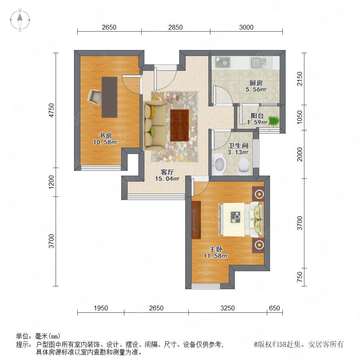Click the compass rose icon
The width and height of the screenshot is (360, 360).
pyautogui.click(x=20, y=20)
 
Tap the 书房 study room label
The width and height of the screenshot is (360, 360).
pyautogui.click(x=105, y=136)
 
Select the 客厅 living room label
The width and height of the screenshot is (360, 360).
pyautogui.click(x=167, y=172)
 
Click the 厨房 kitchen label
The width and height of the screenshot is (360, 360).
pyautogui.click(x=256, y=83)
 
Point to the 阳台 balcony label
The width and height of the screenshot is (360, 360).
pyautogui.click(x=257, y=116)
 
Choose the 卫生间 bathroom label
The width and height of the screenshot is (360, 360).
pyautogui.click(x=238, y=146)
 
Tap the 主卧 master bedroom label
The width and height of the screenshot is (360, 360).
pyautogui.click(x=216, y=249)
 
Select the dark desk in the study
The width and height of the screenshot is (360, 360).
pyautogui.click(x=110, y=97)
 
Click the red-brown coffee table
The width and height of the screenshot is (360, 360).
pyautogui.click(x=180, y=125)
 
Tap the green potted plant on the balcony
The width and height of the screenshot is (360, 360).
pyautogui.click(x=274, y=121)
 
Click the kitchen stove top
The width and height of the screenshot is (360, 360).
pyautogui.click(x=222, y=62)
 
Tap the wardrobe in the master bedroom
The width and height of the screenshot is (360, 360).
pyautogui.click(x=196, y=220)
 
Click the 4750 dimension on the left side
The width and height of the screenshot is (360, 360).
pyautogui.click(x=52, y=110)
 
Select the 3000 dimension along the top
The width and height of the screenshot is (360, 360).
pyautogui.click(x=246, y=27)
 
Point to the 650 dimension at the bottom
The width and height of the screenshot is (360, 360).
pyautogui.click(x=274, y=308)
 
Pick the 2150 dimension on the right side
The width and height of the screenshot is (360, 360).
pyautogui.click(x=300, y=79)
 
